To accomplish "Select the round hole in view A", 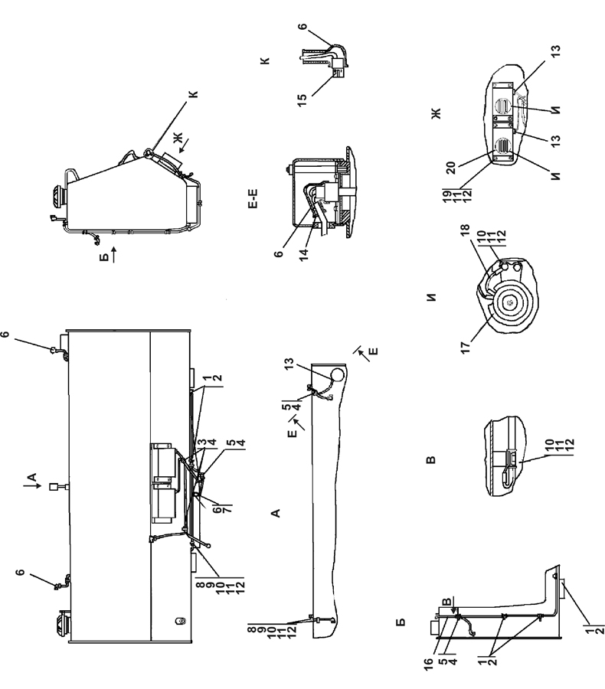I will click(337, 375).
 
